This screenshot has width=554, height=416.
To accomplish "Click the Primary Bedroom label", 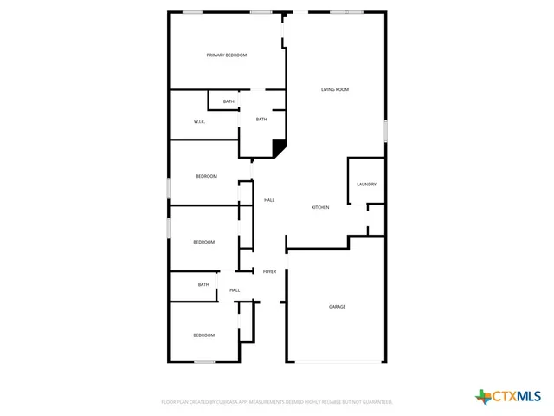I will point(226,55).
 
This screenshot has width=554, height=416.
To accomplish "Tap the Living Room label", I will point(335,89).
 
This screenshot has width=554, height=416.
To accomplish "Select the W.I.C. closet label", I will point(199,121).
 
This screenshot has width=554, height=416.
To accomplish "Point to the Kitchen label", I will point(320,208).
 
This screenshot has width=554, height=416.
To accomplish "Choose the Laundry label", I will point(366,185).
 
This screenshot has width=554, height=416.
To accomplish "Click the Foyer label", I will point(270,272).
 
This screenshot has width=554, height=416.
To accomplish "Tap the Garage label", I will point(337,307).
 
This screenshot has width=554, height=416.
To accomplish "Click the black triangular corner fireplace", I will point(279,147).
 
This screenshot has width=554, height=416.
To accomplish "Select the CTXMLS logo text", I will point(517,397).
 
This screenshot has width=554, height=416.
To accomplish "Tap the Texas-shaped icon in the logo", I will point(483,397).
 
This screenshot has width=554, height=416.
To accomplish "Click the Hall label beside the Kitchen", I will point(269,200).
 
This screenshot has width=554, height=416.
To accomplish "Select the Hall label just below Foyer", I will point(235,290).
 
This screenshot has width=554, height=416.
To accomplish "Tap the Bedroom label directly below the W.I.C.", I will point(206,176).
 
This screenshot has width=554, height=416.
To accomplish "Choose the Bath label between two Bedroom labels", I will point(203,284).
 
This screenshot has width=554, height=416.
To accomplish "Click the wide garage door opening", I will point(337,361).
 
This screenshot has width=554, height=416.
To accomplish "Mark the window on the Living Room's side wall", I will point(385,130).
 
